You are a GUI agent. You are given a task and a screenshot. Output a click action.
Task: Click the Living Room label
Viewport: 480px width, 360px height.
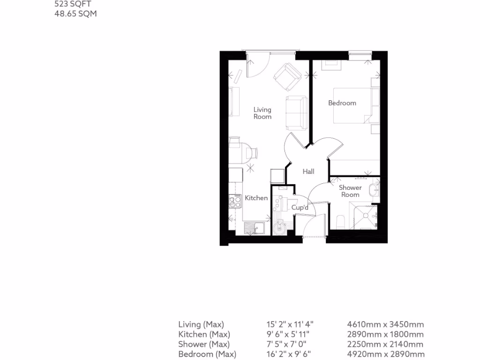[262, 113]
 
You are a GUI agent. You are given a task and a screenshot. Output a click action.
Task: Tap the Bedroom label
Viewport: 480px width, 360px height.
[342, 103]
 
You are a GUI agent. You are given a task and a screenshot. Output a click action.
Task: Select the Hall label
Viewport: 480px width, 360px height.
[308, 172]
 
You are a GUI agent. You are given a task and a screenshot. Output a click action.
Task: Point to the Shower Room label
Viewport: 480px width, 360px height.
[350, 191]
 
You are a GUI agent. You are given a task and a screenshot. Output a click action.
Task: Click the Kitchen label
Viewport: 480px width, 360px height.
[256, 198]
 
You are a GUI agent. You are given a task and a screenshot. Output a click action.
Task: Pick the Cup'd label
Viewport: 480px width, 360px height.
[300, 207]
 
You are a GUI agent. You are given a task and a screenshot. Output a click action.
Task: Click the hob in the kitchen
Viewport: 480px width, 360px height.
[235, 202]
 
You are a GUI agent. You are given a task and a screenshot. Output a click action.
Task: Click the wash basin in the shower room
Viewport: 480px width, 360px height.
[374, 190]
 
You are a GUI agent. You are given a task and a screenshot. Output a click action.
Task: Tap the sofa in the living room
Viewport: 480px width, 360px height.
[296, 112]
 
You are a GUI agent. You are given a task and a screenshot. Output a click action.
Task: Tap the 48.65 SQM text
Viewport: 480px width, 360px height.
[76, 14]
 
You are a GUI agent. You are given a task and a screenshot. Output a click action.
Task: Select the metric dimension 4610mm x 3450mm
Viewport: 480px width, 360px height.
[385, 324]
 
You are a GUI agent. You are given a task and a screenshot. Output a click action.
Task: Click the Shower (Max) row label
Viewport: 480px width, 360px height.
[201, 344]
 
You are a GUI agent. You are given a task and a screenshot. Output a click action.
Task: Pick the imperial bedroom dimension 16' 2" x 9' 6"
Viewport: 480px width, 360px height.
[289, 354]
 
